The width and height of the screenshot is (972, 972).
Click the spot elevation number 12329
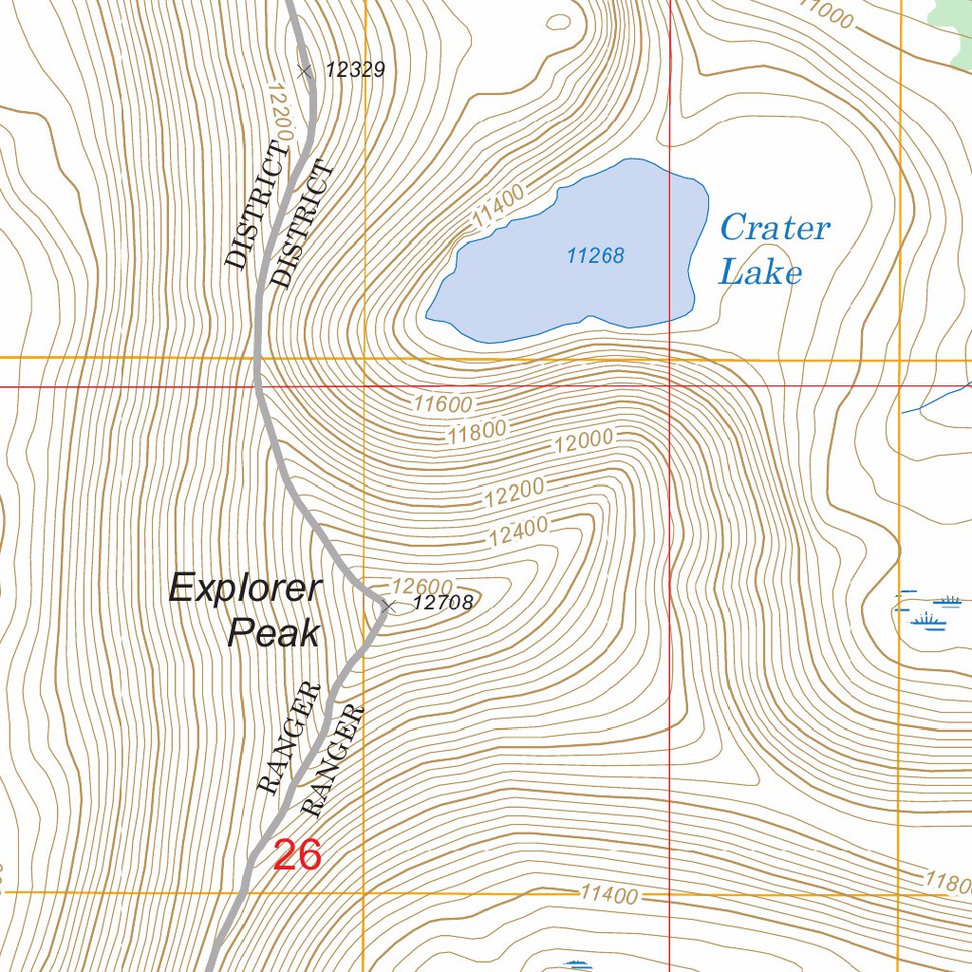click(x=354, y=69)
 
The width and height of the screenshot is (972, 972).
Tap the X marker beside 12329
click(x=304, y=70)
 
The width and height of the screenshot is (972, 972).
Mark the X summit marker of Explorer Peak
click(x=388, y=605)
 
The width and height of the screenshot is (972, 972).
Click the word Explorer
click(x=246, y=589)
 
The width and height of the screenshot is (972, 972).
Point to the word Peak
click(x=273, y=633)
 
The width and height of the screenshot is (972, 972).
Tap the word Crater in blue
click(x=775, y=228)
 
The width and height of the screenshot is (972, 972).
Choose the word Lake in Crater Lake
click(x=759, y=273)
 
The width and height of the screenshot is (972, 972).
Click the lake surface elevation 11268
click(x=595, y=255)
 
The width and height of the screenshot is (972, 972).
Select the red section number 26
click(x=297, y=855)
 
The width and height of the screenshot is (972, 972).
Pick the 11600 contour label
click(x=442, y=403)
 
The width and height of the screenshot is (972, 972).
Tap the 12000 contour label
click(x=586, y=439)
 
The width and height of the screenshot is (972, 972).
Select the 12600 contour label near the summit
click(x=421, y=586)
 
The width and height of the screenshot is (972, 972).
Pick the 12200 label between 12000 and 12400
click(x=514, y=491)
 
